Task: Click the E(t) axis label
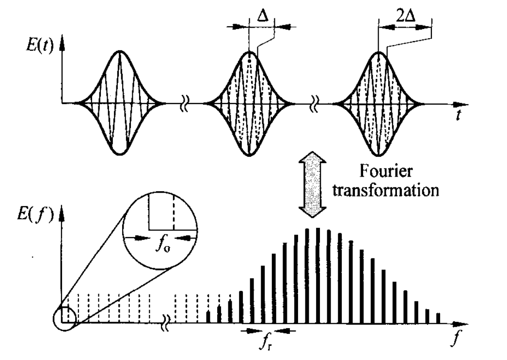point(40,46)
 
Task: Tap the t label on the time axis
point(458,115)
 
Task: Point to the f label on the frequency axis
point(456,339)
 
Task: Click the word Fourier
point(386,171)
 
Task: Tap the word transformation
point(386,190)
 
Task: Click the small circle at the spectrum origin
point(64,319)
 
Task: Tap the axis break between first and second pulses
point(184,104)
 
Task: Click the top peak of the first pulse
point(120,51)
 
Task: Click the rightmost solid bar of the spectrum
point(438,318)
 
